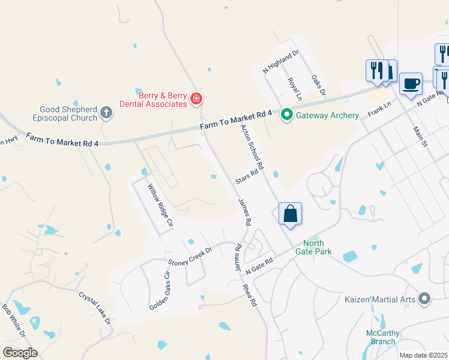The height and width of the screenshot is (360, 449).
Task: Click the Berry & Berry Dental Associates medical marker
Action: (x=196, y=99)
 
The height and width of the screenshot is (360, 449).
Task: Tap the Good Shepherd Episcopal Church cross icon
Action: (x=106, y=113)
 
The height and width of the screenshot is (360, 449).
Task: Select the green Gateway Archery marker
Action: (x=287, y=114)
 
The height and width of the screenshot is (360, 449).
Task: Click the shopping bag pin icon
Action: (x=290, y=214)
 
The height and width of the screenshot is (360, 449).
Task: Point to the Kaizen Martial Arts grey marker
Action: (x=425, y=298)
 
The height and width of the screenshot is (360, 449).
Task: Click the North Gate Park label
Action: (x=318, y=248)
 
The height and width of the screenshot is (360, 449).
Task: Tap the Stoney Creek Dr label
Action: (x=190, y=257)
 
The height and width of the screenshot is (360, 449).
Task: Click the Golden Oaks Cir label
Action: (x=160, y=290)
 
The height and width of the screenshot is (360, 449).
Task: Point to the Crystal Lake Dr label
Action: (x=95, y=308)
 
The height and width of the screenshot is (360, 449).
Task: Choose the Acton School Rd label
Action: (x=252, y=147)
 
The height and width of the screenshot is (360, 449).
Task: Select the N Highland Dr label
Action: (x=280, y=62)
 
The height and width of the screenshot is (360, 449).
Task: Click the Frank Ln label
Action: (x=379, y=109)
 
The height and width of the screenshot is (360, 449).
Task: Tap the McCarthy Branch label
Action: (x=381, y=337)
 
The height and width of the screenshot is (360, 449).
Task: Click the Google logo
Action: (x=20, y=352)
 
